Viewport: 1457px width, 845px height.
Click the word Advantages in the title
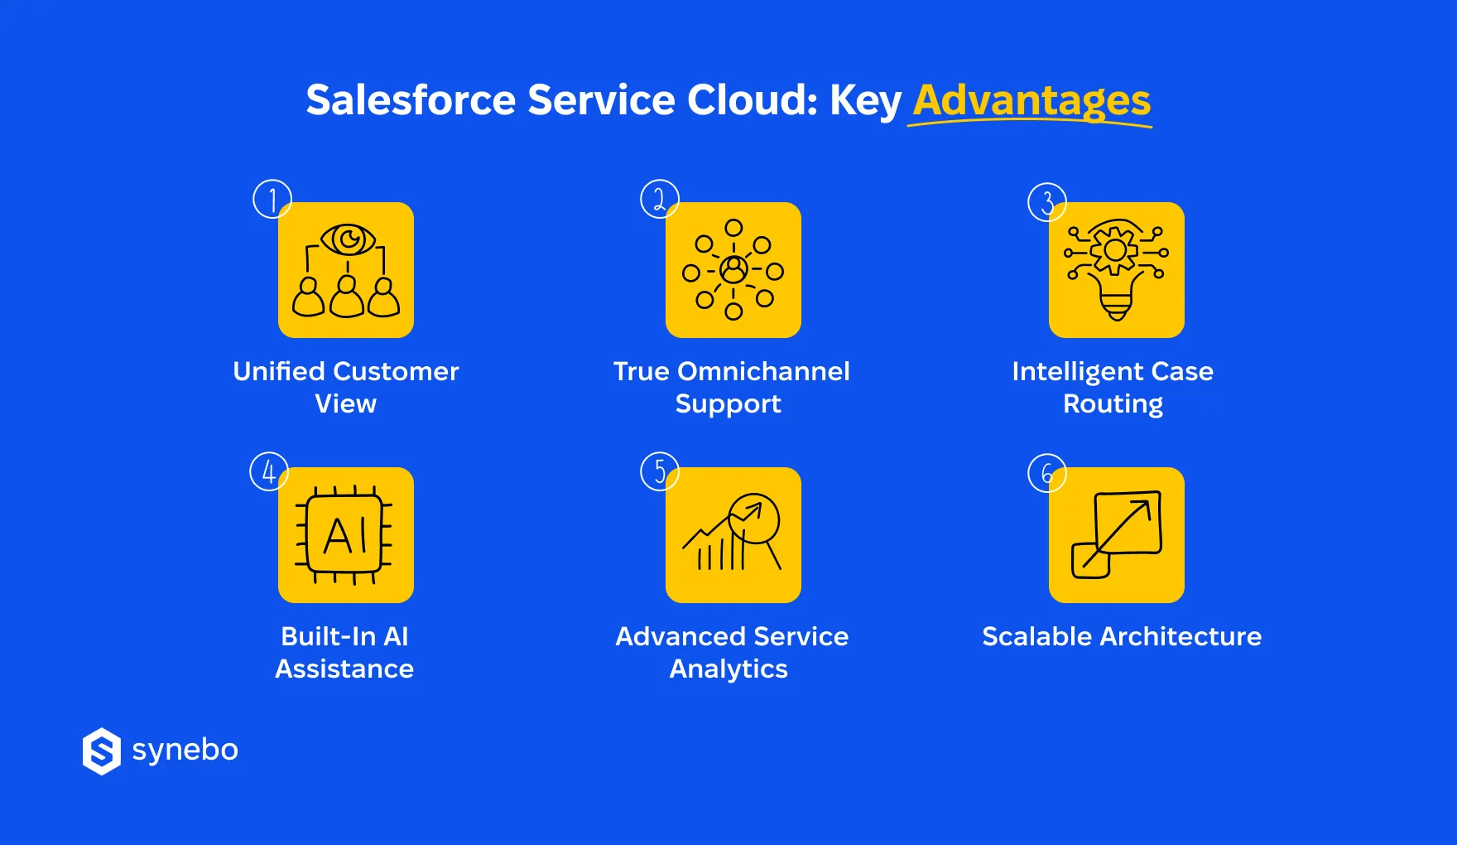[x=1031, y=101]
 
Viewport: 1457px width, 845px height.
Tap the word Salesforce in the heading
[x=411, y=100]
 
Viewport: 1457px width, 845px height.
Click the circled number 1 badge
[x=272, y=199]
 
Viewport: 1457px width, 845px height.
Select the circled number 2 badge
[x=659, y=199]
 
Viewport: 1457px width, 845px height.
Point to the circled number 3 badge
[x=1046, y=202]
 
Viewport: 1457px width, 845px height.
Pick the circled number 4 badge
[x=268, y=471]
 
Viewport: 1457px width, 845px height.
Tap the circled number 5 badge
[x=659, y=471]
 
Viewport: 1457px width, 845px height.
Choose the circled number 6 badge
[x=1046, y=473]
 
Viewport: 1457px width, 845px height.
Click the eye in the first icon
[x=348, y=240]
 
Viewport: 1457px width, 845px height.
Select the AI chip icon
[x=345, y=535]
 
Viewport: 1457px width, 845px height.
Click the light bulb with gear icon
[x=1116, y=270]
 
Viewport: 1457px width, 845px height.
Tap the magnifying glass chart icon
[x=733, y=535]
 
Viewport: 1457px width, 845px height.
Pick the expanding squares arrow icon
[x=1116, y=535]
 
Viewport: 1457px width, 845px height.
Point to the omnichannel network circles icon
[x=733, y=270]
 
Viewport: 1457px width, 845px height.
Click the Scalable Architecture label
[x=1122, y=636]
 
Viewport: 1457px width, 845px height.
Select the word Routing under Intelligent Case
[x=1113, y=404]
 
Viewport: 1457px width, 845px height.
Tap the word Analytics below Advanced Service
[x=728, y=669]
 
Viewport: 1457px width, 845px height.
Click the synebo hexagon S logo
[x=102, y=751]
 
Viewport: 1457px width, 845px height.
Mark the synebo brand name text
[x=185, y=751]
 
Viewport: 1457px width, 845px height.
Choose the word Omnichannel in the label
[x=763, y=371]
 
